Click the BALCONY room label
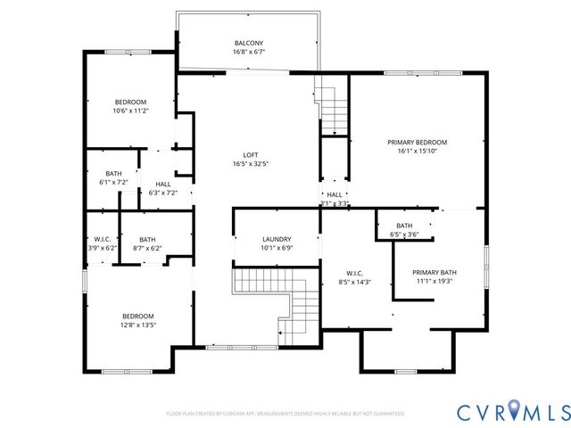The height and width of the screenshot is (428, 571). click(x=248, y=43)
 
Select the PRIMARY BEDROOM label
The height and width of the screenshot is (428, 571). click(x=417, y=143)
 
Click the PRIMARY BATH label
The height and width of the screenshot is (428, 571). click(x=434, y=272)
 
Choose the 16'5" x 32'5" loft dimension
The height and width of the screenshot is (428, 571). click(x=251, y=164)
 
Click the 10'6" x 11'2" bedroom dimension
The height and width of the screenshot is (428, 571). click(x=130, y=111)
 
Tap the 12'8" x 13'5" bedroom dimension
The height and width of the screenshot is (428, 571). click(x=138, y=325)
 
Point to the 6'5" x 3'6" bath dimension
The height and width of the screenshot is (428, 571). click(x=404, y=235)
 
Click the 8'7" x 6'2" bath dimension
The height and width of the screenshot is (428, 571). click(x=147, y=248)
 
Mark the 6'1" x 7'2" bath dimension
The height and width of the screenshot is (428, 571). click(x=113, y=182)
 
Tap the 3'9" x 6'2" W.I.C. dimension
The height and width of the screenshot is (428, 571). click(x=102, y=248)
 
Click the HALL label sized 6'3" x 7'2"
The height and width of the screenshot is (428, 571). click(x=162, y=184)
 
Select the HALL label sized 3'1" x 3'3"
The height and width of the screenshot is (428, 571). click(x=335, y=194)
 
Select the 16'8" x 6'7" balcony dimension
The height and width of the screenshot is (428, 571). click(x=248, y=52)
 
